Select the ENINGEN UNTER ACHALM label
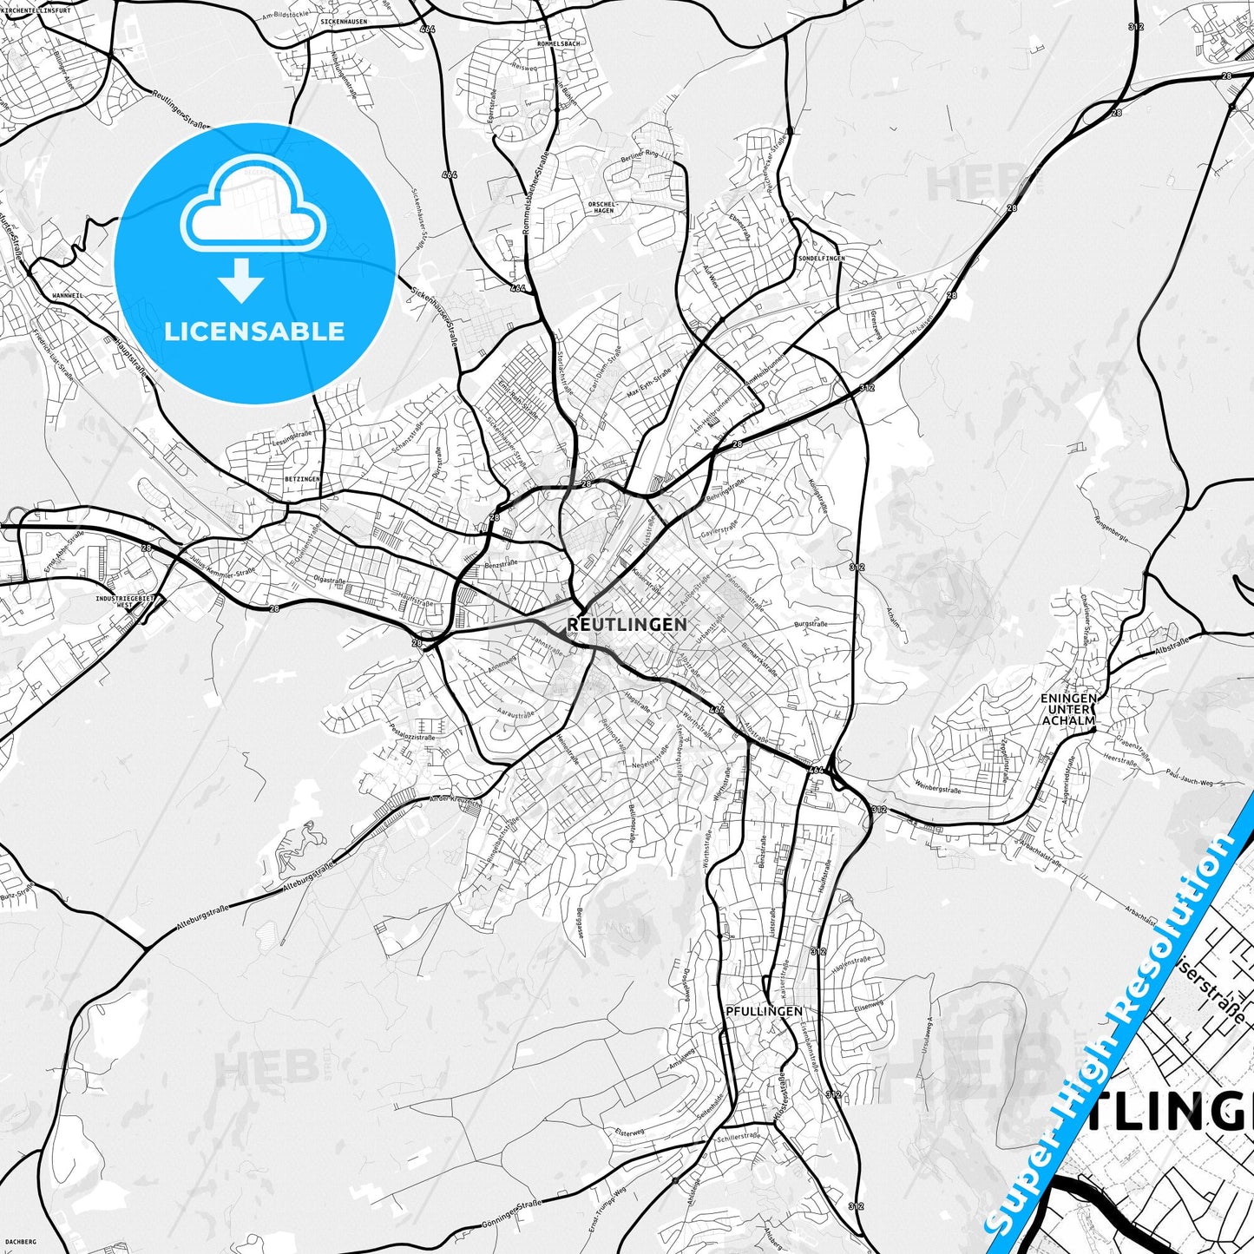(x=1067, y=709)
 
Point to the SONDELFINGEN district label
(x=821, y=259)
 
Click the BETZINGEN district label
(x=302, y=479)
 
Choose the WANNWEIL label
(x=67, y=296)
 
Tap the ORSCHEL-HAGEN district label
(x=601, y=207)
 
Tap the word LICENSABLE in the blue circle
(x=254, y=331)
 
